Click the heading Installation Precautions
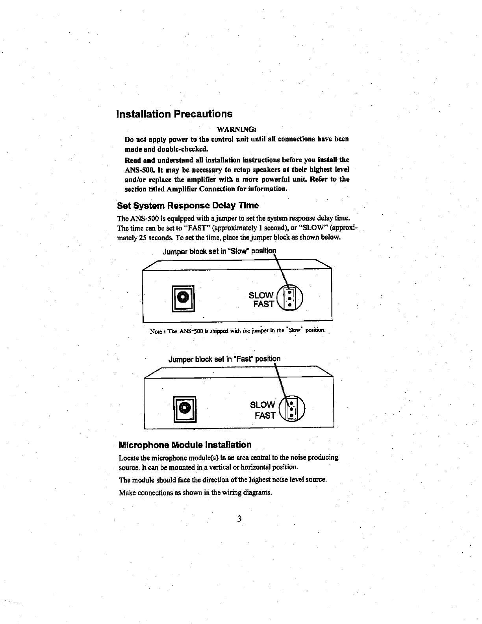174,114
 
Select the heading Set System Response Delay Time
188,206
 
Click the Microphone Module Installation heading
185,445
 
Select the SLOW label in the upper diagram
261,295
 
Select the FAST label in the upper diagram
263,305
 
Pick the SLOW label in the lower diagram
262,405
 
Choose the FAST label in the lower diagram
265,416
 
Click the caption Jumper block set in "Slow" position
220,252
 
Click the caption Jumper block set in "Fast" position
224,359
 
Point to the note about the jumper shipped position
237,331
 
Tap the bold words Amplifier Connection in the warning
192,189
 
